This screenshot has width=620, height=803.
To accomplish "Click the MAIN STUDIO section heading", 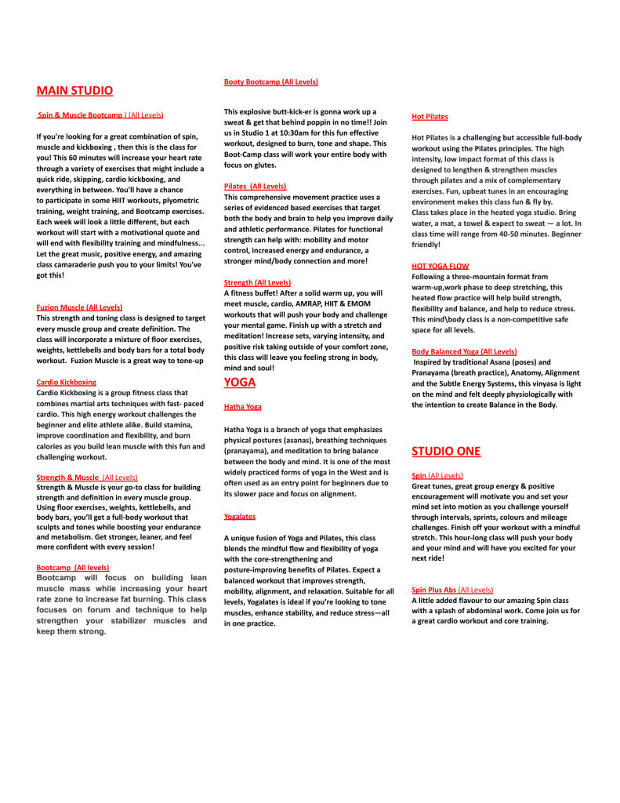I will coord(74,91).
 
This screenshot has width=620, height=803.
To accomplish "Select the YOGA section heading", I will coord(239,383).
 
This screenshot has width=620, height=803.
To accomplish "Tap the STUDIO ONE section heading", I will coord(446,452).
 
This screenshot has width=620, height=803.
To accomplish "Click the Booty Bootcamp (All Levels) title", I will coord(270,82).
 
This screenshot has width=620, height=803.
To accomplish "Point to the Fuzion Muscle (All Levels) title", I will coord(79,307).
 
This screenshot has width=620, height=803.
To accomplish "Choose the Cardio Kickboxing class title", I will coord(67,382).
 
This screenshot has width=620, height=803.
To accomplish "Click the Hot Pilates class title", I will coord(430,117).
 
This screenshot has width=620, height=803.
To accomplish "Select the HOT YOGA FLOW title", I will coord(441,267).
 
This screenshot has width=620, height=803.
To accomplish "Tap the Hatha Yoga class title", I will coord(243,407).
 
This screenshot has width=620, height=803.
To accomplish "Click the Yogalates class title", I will coord(240,517).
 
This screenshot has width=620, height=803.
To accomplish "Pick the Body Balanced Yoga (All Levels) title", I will coord(464,351).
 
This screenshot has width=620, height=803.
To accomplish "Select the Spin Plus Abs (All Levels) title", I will coord(452,589).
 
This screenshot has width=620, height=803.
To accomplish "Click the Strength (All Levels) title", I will coord(257,282).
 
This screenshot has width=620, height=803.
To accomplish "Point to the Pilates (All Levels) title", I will coord(255,186).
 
